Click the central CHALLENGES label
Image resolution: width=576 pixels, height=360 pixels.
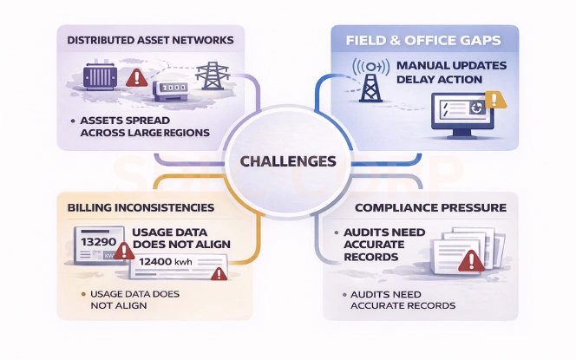[289, 160]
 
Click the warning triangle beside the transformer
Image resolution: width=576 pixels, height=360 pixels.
[135, 78]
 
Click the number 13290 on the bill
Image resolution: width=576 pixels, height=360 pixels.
[98, 239]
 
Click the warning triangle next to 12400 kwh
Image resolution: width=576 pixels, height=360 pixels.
[219, 274]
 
